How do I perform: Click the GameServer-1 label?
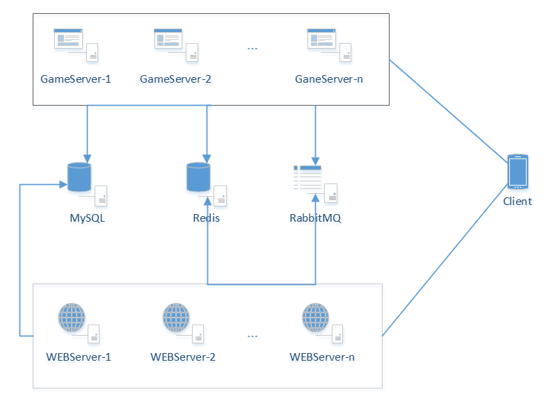[76, 79]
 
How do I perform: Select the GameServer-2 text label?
[175, 79]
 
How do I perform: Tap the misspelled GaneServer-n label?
[329, 79]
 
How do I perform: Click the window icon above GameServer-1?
[68, 38]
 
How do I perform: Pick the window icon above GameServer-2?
[168, 38]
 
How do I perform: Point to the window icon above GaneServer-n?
[321, 38]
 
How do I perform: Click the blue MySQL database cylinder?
[79, 177]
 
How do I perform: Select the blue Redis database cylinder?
[198, 177]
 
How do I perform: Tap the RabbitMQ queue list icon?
[307, 178]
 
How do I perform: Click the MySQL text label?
[87, 218]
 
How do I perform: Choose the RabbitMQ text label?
[315, 218]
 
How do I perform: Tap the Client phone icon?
[518, 172]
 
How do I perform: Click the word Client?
[518, 202]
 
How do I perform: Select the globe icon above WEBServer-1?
[72, 317]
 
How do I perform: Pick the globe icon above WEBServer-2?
[176, 317]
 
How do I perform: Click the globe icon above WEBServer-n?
[315, 317]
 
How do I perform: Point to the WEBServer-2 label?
[183, 357]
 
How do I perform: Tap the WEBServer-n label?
[322, 357]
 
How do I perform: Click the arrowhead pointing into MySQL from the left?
[63, 184]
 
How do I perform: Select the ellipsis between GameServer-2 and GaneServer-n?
[253, 49]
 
